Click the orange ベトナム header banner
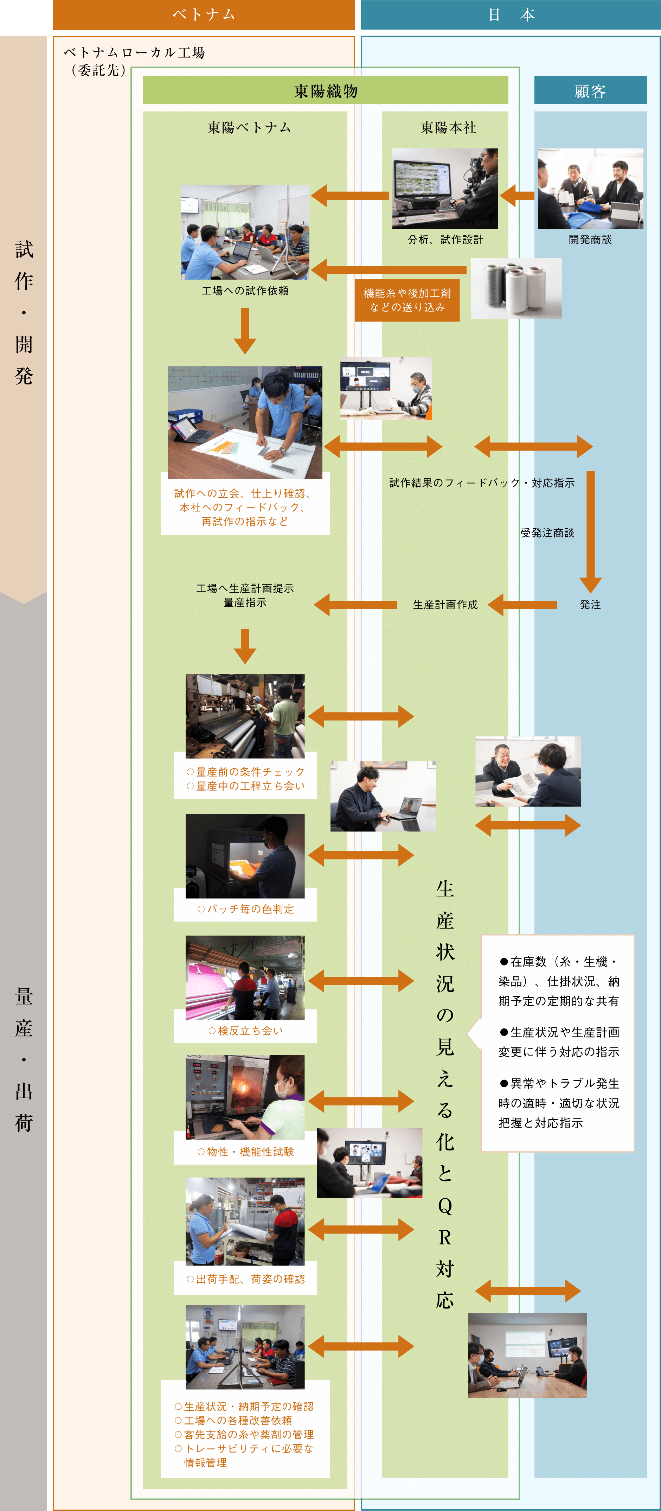point(204,15)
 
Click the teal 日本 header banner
point(510,15)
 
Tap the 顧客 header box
point(590,90)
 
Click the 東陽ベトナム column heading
point(249,127)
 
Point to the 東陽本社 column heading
point(448,127)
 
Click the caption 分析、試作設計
point(446,239)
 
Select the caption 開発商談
point(590,239)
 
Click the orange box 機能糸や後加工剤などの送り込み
point(407,300)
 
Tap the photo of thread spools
point(516,288)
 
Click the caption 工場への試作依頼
point(245,291)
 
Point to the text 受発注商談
point(547,533)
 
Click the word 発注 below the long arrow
point(590,604)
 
